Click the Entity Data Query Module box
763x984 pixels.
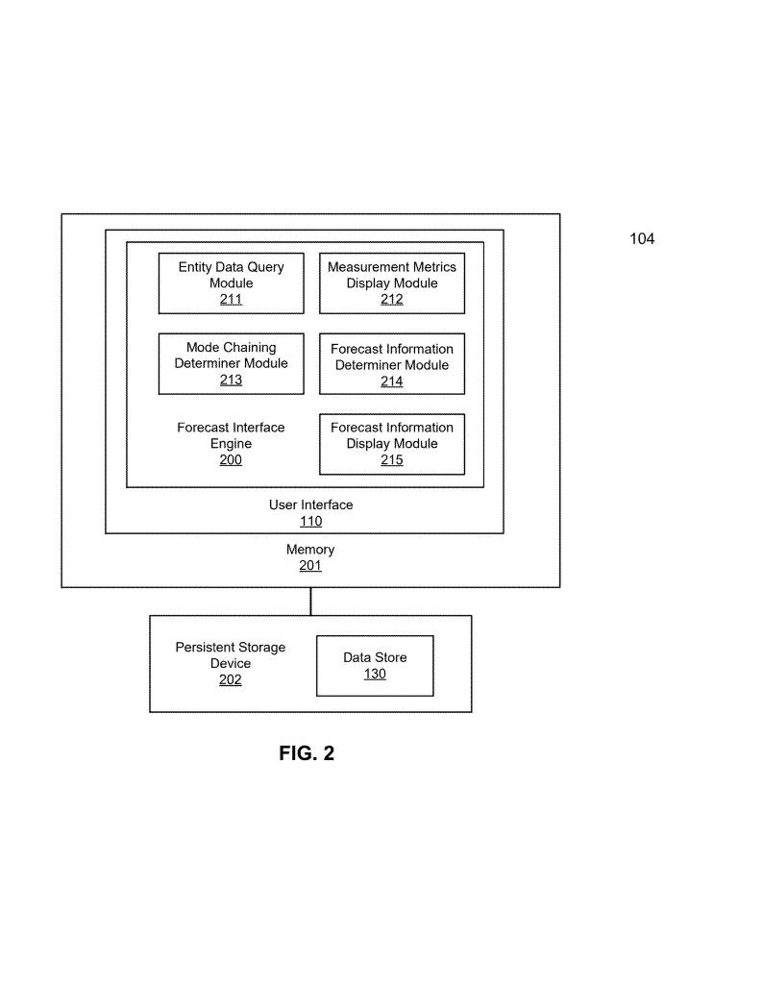pyautogui.click(x=231, y=283)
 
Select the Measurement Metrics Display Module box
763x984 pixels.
pyautogui.click(x=392, y=283)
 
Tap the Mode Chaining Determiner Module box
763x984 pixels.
pyautogui.click(x=231, y=363)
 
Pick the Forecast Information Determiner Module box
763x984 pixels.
pyautogui.click(x=392, y=363)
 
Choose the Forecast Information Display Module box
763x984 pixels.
pyautogui.click(x=392, y=444)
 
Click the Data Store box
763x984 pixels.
pyautogui.click(x=375, y=666)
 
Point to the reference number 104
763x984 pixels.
pyautogui.click(x=642, y=238)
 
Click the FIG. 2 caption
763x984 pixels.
pyautogui.click(x=307, y=753)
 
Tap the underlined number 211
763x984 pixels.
pyautogui.click(x=231, y=300)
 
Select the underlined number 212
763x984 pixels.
pyautogui.click(x=391, y=300)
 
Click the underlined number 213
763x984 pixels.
pyautogui.click(x=231, y=380)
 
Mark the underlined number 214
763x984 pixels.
pyautogui.click(x=391, y=381)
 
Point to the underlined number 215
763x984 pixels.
pyautogui.click(x=391, y=460)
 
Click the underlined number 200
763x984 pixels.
pyautogui.click(x=231, y=460)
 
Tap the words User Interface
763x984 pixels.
pyautogui.click(x=310, y=504)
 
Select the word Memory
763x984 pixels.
pyautogui.click(x=310, y=549)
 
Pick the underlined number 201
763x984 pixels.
pyautogui.click(x=310, y=565)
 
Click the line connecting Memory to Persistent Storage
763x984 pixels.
pyautogui.click(x=310, y=602)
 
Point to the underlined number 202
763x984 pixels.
pyautogui.click(x=231, y=679)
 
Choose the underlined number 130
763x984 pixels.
pyautogui.click(x=375, y=674)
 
